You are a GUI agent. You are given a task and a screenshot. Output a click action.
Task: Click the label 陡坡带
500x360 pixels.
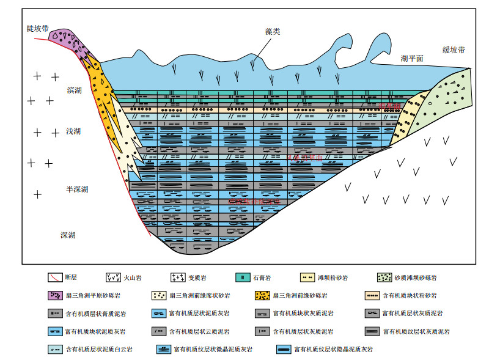38,29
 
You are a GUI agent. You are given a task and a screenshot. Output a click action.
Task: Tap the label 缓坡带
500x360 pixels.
454,50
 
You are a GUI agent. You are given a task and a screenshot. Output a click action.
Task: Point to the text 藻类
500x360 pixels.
272,32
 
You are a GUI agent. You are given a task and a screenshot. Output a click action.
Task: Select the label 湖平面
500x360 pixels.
412,58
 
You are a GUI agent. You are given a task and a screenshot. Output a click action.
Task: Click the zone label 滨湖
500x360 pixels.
75,90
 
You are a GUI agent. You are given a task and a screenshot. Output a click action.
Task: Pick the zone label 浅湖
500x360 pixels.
75,131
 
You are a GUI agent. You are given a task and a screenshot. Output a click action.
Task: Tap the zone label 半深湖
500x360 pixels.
77,189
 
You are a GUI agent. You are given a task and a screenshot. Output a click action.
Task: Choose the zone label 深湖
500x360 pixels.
68,235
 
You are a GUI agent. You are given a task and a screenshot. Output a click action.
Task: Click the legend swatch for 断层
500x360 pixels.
56,277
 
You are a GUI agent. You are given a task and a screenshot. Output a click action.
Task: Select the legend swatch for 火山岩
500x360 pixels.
114,277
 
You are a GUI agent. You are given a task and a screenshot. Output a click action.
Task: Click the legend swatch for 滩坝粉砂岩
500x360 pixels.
308,277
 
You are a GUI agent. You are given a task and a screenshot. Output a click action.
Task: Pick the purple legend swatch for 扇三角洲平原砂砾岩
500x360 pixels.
56,296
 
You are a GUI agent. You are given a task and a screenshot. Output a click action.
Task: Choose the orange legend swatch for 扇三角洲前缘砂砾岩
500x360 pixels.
263,296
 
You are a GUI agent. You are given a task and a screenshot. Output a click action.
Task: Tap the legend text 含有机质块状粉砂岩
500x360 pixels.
413,296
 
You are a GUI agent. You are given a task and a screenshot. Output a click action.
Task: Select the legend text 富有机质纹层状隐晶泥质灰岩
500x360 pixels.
333,350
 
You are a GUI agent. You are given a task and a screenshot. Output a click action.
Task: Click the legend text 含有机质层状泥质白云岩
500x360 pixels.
99,350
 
